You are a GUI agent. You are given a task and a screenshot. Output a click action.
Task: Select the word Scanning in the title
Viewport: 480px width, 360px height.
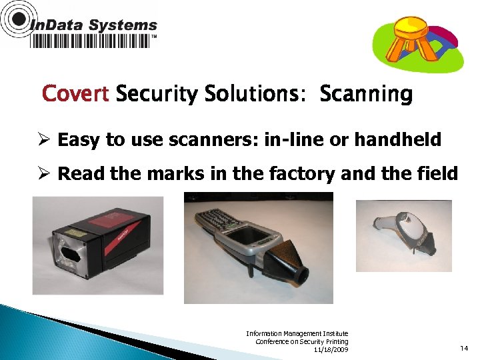pyautogui.click(x=366, y=95)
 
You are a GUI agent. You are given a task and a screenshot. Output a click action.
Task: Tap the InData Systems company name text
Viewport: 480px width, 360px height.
pyautogui.click(x=94, y=26)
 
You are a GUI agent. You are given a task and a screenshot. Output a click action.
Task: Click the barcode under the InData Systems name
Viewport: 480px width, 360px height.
pyautogui.click(x=90, y=41)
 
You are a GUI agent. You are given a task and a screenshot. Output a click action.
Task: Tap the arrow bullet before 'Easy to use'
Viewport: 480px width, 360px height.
pyautogui.click(x=44, y=140)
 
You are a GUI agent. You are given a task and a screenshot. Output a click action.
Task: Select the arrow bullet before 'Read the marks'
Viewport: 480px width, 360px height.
pyautogui.click(x=44, y=174)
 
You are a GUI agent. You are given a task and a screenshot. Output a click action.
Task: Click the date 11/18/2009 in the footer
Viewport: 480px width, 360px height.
pyautogui.click(x=331, y=350)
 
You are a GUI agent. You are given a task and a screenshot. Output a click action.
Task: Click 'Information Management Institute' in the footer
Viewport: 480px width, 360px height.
pyautogui.click(x=297, y=333)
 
